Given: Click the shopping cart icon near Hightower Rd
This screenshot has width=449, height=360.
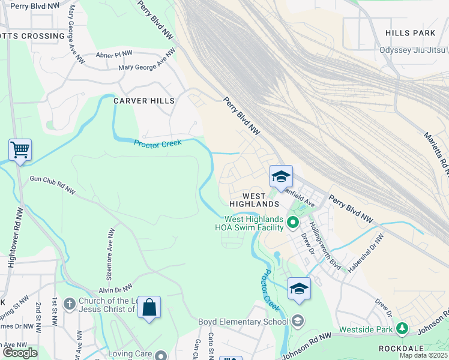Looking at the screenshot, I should (20, 149).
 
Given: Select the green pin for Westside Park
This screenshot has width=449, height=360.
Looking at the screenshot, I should (402, 329).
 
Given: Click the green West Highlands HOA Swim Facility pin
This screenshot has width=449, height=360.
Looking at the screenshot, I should (293, 223).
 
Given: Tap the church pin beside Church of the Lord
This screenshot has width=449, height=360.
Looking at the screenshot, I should (69, 304).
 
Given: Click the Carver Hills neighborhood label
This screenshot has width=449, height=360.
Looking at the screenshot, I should (144, 101).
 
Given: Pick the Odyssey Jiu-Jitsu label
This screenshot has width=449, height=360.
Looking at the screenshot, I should (413, 50).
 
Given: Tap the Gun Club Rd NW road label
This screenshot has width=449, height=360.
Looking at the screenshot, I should (53, 185).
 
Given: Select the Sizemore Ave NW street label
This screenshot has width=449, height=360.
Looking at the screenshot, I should (110, 248).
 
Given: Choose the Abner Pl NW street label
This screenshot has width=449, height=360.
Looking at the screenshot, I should (113, 55).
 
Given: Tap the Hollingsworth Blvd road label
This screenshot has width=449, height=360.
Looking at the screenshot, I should (324, 247).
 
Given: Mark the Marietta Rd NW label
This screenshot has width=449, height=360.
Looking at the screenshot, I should (436, 150).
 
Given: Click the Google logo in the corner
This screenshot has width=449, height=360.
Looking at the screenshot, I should (20, 353).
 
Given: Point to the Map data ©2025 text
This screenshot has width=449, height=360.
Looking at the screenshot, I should (424, 355).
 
